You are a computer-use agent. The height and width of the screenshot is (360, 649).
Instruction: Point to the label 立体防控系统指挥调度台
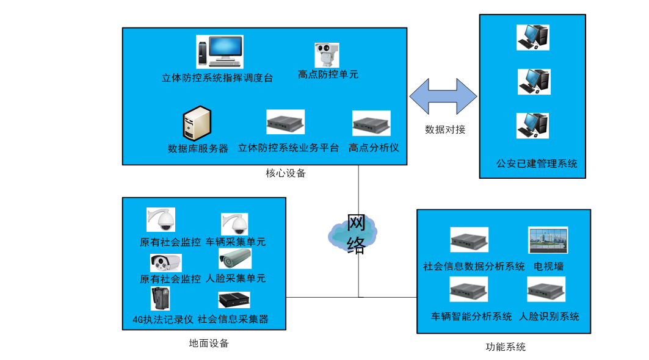(x=217, y=78)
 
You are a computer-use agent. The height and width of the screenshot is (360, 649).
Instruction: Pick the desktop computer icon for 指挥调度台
(x=219, y=51)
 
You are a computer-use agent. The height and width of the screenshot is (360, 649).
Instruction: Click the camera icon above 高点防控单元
(x=326, y=55)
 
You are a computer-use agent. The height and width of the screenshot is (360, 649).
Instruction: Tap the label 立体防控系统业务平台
(x=288, y=148)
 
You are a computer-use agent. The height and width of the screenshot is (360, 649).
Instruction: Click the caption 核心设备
(x=285, y=173)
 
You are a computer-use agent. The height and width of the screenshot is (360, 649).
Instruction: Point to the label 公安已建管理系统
(x=537, y=164)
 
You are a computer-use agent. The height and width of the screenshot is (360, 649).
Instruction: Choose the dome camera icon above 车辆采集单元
(x=234, y=224)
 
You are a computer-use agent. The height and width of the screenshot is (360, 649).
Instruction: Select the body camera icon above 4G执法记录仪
(x=160, y=298)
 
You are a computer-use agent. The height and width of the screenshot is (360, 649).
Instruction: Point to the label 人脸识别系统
(x=549, y=317)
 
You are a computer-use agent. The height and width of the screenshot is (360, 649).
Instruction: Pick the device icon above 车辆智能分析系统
(x=469, y=289)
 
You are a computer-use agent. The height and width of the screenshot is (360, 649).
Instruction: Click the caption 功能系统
(x=506, y=347)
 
